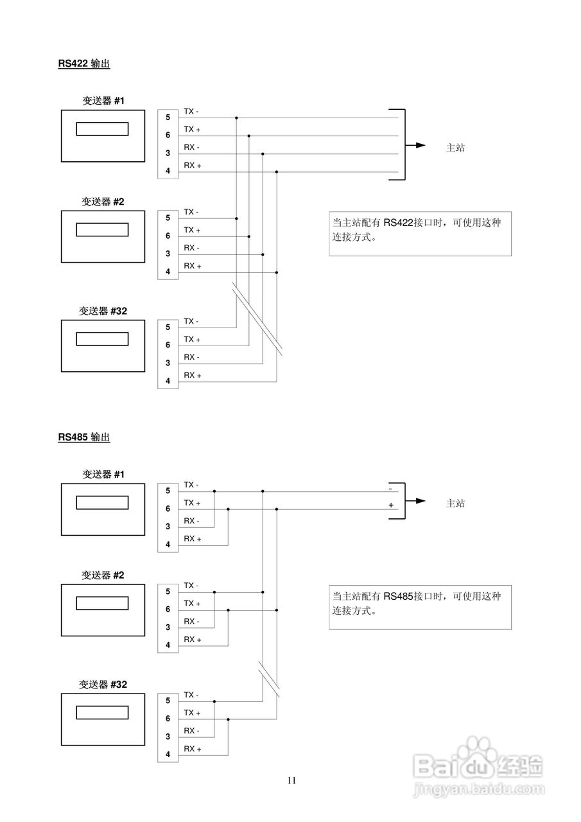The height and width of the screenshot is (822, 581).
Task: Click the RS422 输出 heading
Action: (x=83, y=64)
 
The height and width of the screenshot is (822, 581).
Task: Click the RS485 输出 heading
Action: (x=83, y=437)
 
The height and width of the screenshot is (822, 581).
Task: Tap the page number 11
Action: (x=291, y=781)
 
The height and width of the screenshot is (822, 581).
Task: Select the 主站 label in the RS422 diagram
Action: (x=455, y=148)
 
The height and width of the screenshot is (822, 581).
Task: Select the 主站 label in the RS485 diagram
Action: (x=455, y=503)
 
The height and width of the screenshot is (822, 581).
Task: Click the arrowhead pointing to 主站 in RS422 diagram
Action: (x=421, y=145)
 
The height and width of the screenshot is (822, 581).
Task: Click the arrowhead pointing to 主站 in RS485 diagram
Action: (x=421, y=501)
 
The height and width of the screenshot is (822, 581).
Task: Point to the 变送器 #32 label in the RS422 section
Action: (x=103, y=311)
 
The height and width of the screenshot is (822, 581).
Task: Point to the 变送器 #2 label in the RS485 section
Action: (x=103, y=575)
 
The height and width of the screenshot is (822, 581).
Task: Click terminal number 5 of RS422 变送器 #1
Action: (x=168, y=117)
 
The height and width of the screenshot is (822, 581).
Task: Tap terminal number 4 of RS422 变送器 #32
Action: (x=168, y=381)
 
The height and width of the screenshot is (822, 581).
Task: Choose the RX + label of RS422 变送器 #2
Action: (x=193, y=266)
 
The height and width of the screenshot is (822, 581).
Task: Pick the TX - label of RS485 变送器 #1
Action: (x=191, y=485)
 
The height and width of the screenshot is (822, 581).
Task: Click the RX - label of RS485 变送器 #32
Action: (x=191, y=731)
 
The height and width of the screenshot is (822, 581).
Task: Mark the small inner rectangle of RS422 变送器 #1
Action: (x=102, y=129)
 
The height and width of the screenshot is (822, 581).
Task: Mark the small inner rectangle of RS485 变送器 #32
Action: (x=102, y=713)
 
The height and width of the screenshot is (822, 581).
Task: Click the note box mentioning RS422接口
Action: (x=420, y=234)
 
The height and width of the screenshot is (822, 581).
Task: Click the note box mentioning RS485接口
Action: (x=420, y=607)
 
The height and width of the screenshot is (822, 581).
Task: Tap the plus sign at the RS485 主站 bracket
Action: (x=391, y=505)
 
